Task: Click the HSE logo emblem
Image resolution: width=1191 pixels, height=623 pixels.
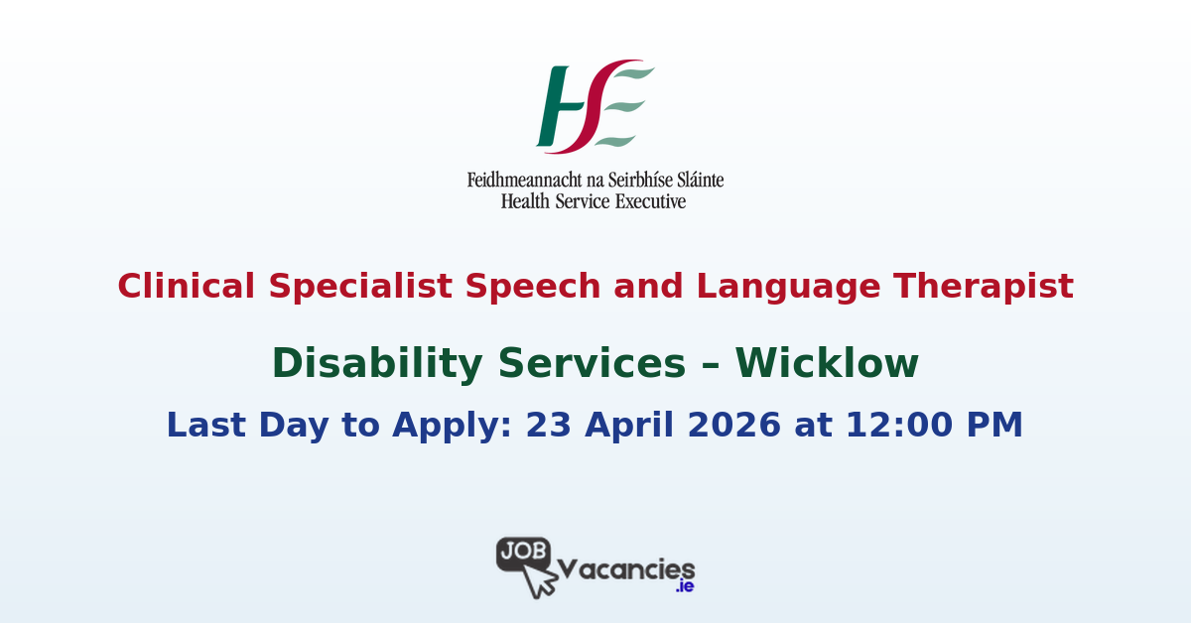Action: (595, 106)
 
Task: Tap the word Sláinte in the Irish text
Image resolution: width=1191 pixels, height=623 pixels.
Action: (696, 181)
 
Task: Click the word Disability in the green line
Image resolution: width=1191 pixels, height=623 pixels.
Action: (378, 364)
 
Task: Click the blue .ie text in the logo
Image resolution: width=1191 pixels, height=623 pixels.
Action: (684, 586)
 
